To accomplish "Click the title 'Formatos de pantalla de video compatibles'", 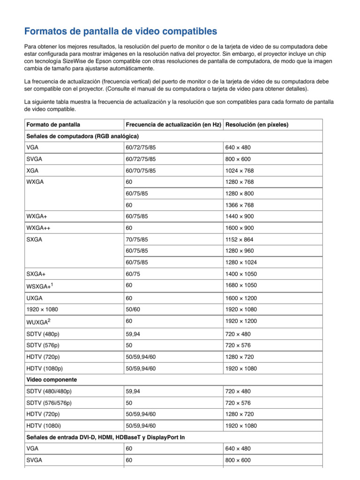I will (x=120, y=32).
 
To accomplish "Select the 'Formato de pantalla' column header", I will (x=53, y=125).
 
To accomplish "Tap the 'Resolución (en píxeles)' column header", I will (x=257, y=125).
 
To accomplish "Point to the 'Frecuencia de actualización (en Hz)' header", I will (x=173, y=125).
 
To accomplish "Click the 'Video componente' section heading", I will (x=52, y=379).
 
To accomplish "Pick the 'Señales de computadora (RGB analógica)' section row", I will (x=82, y=136).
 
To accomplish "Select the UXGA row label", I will (x=34, y=298).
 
